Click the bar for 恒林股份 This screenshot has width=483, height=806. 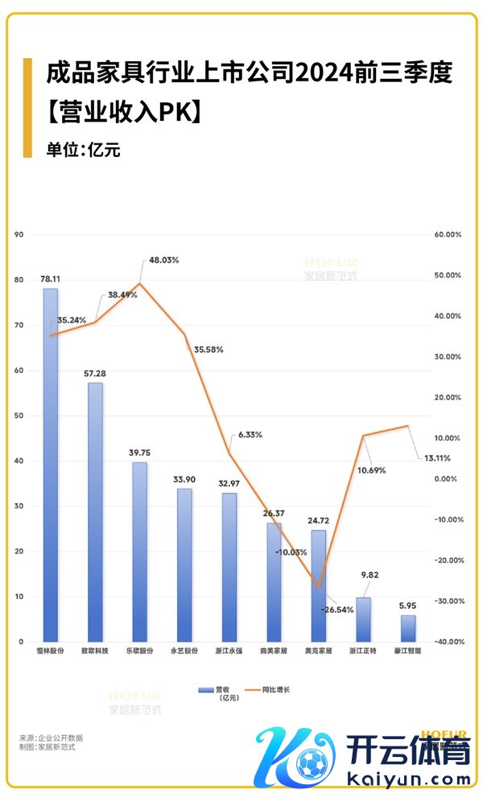click(x=50, y=465)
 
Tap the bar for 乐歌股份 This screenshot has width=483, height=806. click(x=140, y=552)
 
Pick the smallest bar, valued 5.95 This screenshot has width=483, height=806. click(x=408, y=628)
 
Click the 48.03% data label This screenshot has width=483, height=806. click(x=163, y=260)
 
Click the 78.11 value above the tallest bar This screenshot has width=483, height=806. click(x=51, y=279)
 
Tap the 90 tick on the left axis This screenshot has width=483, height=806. click(x=20, y=234)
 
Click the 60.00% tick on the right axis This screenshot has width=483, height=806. click(x=447, y=234)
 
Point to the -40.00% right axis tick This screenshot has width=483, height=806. click(x=446, y=642)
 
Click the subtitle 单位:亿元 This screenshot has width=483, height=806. click(x=83, y=150)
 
